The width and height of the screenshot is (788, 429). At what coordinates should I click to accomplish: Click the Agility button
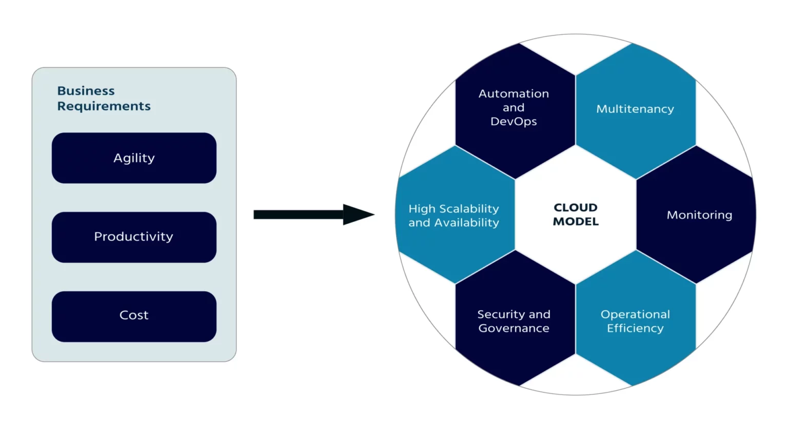134,158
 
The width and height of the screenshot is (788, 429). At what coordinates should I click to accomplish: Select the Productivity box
134,237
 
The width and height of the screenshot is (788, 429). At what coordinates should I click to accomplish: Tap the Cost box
134,316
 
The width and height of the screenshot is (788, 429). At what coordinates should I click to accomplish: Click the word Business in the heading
86,91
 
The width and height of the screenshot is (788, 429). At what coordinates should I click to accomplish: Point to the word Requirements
104,106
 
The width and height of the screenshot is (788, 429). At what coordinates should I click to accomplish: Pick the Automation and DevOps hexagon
514,110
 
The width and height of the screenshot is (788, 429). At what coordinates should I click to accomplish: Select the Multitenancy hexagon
635,110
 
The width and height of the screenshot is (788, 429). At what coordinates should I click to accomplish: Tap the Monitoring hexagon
699,215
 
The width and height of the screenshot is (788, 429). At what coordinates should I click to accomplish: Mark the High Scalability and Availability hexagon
454,215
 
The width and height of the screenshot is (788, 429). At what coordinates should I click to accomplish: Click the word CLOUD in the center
576,208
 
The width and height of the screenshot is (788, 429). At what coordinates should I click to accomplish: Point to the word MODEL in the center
576,222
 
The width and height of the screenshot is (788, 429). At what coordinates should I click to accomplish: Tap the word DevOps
514,122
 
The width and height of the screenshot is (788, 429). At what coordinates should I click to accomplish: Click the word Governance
514,328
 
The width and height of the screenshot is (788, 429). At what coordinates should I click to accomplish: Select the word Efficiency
635,328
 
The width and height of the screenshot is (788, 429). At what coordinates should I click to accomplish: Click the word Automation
514,94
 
